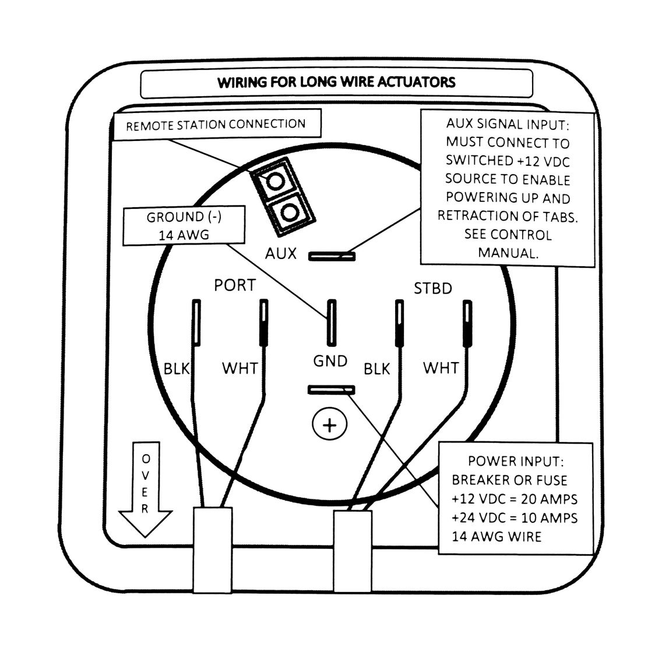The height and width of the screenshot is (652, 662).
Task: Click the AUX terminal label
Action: [x=281, y=253]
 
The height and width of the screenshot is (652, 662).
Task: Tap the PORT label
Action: [x=235, y=285]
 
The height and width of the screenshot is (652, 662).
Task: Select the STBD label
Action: [x=433, y=289]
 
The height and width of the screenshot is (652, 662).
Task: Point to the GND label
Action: [x=330, y=361]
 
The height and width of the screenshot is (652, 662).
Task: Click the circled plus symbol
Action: [x=330, y=424]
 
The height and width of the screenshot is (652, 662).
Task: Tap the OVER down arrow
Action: [x=145, y=489]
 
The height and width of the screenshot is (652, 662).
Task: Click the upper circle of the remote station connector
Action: [x=275, y=182]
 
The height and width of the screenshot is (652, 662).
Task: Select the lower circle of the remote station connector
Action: [x=290, y=211]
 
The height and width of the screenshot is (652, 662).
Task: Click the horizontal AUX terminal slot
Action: [x=332, y=256]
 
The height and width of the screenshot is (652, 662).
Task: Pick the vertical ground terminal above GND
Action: [x=332, y=323]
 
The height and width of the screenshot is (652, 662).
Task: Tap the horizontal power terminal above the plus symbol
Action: [x=332, y=390]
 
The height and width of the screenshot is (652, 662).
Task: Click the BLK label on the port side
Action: [x=177, y=369]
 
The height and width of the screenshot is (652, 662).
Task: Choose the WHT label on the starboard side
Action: [x=441, y=368]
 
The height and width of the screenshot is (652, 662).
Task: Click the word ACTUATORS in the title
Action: [x=416, y=82]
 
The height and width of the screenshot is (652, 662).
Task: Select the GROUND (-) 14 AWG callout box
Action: [x=184, y=226]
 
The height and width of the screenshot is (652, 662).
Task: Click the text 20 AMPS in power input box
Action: [x=550, y=499]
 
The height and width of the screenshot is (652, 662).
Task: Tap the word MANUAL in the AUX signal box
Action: [x=508, y=253]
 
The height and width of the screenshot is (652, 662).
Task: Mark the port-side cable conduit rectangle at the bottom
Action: [x=212, y=550]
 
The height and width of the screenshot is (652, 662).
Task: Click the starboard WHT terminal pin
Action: [x=467, y=324]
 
